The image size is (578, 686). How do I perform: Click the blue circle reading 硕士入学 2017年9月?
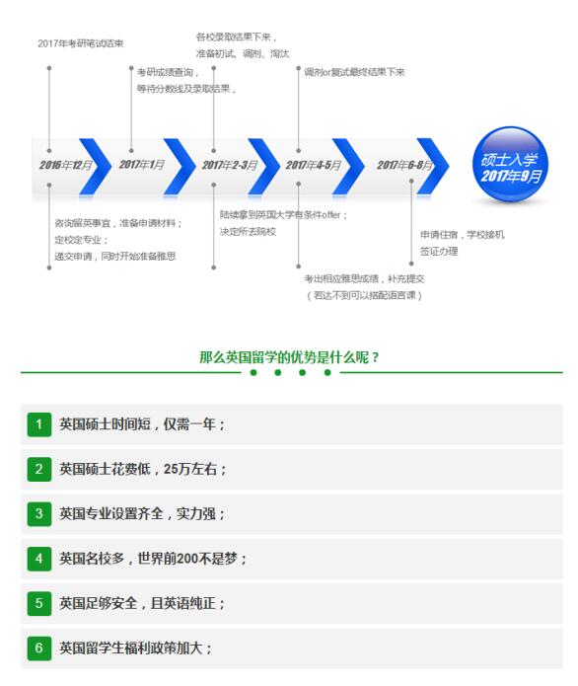(x=510, y=165)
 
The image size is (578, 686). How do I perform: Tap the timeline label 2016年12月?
(x=65, y=165)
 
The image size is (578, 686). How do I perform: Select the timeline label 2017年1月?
(x=142, y=165)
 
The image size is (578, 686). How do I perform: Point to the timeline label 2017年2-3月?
(x=230, y=165)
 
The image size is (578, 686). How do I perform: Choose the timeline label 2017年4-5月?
(x=313, y=165)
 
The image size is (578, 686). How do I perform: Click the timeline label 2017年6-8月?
(x=404, y=165)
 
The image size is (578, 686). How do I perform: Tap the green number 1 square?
(x=38, y=424)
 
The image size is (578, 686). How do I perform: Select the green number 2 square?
(x=38, y=470)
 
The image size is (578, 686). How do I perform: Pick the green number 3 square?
(x=38, y=513)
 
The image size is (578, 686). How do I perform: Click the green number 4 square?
(x=38, y=559)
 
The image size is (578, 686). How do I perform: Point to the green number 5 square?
(x=38, y=603)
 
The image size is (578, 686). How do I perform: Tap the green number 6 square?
(x=38, y=648)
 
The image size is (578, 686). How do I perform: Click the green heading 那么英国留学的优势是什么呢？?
(x=289, y=357)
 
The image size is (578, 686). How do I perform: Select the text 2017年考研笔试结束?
(x=81, y=43)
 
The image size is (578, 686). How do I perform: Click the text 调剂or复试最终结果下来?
(x=354, y=72)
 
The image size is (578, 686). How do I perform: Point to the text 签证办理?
(x=439, y=251)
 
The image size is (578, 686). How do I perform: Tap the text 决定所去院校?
(x=248, y=232)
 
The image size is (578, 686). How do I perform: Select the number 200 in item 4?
(x=187, y=559)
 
